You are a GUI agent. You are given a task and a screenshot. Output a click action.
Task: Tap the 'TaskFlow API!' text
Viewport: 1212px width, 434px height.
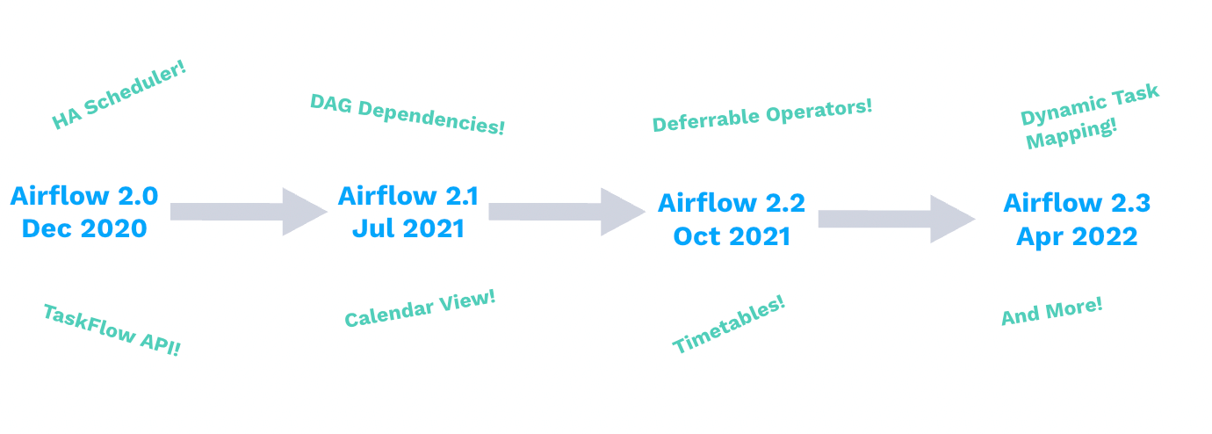coord(112,329)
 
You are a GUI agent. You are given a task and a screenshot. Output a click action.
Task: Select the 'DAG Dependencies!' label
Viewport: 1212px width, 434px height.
coord(408,114)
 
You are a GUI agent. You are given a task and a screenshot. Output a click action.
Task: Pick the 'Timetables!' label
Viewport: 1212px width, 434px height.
coord(728,325)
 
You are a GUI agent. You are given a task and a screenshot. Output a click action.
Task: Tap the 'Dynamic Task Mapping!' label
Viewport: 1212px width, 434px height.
coord(1089,117)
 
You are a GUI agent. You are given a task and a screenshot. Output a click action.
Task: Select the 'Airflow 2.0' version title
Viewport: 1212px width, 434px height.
coord(84,196)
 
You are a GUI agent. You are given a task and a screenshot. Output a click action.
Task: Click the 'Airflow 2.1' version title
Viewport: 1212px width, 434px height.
coord(408,196)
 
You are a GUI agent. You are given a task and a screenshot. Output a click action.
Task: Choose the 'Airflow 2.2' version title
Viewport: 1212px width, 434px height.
coord(732,203)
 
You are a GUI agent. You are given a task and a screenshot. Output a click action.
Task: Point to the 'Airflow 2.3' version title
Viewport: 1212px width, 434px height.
coord(1077,203)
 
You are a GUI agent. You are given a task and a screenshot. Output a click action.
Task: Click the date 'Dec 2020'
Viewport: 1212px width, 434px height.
coord(84,228)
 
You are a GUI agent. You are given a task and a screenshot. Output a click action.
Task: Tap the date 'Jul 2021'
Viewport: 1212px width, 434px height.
coord(408,228)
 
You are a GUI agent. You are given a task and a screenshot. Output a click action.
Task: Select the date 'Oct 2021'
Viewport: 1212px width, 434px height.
coord(732,235)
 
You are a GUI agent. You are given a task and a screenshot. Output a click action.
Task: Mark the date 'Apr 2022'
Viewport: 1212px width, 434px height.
coord(1077,235)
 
